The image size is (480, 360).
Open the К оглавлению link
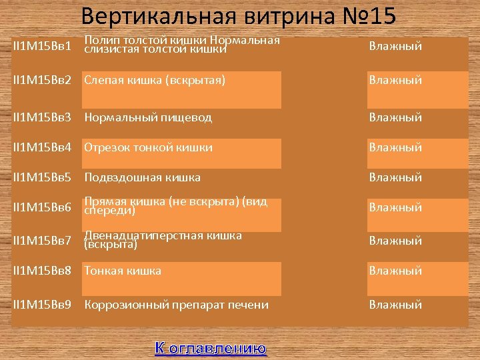(210, 347)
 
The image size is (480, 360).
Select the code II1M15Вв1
(42, 47)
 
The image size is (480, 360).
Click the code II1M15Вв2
(42, 80)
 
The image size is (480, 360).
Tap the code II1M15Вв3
(42, 117)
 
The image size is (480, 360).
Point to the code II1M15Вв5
(42, 177)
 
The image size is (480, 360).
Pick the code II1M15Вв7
(42, 241)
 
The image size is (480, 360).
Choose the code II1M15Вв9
(42, 305)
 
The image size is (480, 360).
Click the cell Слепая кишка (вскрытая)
(154, 80)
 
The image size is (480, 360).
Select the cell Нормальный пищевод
(147, 117)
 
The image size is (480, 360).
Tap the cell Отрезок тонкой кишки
(148, 147)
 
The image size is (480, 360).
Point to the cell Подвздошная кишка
(142, 177)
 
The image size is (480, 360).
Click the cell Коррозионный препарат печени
(176, 305)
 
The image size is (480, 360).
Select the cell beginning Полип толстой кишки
(181, 44)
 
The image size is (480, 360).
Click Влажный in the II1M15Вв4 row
(395, 147)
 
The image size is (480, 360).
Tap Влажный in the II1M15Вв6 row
(395, 207)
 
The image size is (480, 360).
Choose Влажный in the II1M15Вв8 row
(395, 271)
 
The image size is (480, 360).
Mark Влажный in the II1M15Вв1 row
(395, 47)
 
